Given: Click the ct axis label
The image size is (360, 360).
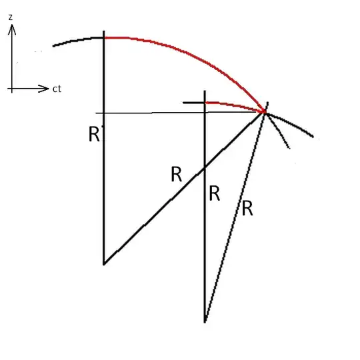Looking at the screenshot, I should pos(57,88).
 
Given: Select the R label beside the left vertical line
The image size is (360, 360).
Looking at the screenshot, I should pos(94,134).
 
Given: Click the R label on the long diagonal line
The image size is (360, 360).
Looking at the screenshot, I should pos(177,175).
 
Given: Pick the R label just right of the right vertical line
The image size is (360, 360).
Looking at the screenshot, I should pos(215,194).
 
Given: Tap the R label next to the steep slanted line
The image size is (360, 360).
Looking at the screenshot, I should pos(247,208).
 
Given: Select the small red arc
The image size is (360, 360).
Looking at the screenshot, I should pos(233,104).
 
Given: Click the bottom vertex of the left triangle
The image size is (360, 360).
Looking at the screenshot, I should pos(104,263).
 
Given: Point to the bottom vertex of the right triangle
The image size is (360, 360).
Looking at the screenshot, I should pos(205,321).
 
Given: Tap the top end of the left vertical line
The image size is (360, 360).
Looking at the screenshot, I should pos(104,32).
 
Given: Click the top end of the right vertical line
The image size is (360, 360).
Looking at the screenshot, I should pos(205,91).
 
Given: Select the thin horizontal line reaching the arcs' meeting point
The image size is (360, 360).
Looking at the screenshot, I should pos(167,113).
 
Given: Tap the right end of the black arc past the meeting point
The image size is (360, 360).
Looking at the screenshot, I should pos(312,137).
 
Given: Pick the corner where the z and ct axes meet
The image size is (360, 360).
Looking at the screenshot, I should pos(13,87).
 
